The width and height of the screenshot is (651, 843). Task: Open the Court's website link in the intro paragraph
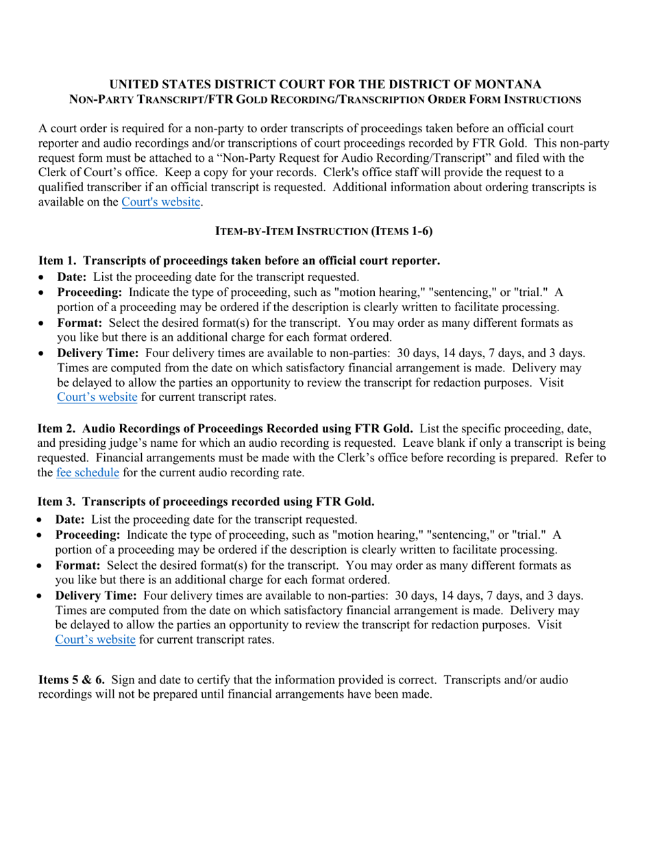pyautogui.click(x=161, y=202)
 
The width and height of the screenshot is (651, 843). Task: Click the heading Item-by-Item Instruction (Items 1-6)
pyautogui.click(x=324, y=231)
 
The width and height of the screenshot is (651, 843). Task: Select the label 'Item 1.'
pyautogui.click(x=57, y=260)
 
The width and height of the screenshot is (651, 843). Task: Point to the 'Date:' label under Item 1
pyautogui.click(x=72, y=277)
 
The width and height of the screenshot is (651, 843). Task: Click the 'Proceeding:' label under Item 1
pyautogui.click(x=89, y=292)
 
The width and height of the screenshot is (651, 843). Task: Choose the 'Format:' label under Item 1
pyautogui.click(x=79, y=322)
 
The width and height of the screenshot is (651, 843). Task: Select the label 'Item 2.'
pyautogui.click(x=56, y=428)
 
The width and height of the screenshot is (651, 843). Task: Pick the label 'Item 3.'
pyautogui.click(x=57, y=502)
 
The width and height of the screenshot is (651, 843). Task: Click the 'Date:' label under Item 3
pyautogui.click(x=71, y=520)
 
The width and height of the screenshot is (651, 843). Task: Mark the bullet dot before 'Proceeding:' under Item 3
pyautogui.click(x=42, y=535)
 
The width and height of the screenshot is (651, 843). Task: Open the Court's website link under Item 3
pyautogui.click(x=95, y=639)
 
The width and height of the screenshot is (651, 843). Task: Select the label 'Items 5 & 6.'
pyautogui.click(x=72, y=680)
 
